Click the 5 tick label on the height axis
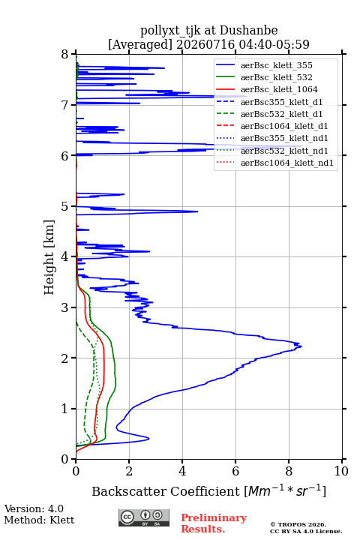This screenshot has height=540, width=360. [x=65, y=206]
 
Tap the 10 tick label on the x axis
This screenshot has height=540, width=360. [x=341, y=471]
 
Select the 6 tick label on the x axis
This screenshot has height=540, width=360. [x=235, y=471]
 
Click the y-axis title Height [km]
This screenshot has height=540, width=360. [x=49, y=257]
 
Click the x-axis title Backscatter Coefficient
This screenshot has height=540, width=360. [x=165, y=491]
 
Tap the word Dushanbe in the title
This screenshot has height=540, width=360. [x=248, y=30]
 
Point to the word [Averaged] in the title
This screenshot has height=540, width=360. [x=139, y=44]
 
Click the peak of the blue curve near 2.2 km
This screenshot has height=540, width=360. [x=301, y=346]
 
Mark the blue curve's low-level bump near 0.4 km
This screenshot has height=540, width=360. [x=148, y=439]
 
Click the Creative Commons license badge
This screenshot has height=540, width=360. [x=144, y=517]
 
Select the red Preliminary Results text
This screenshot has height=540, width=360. [x=214, y=523]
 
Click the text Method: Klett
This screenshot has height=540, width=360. [x=39, y=520]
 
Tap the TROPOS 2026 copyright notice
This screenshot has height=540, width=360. [x=298, y=524]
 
